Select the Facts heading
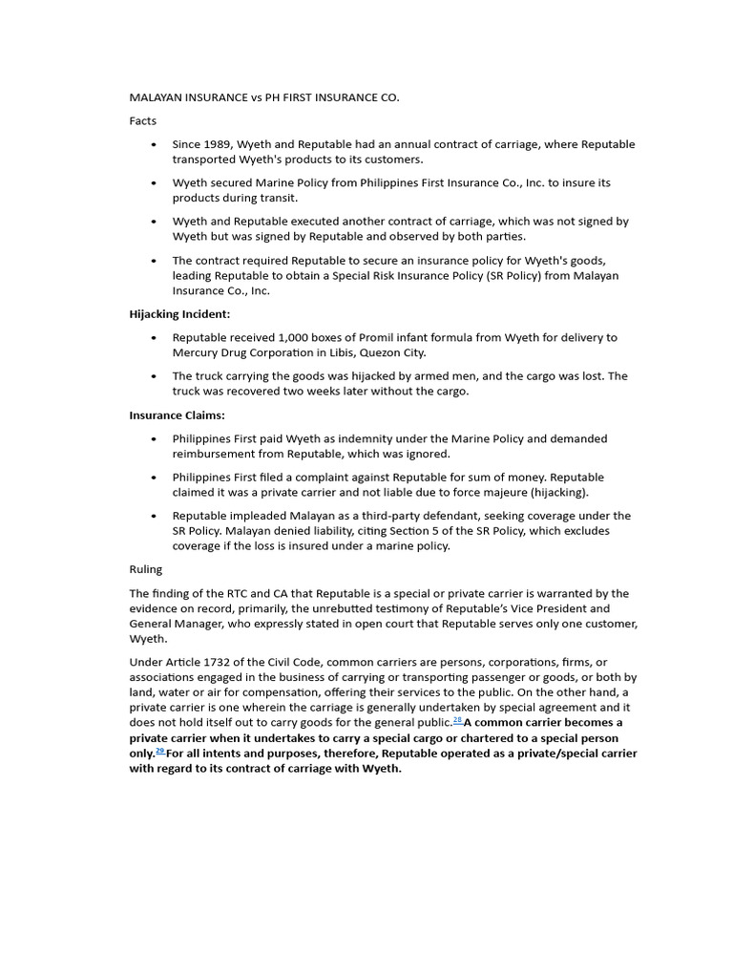(x=143, y=121)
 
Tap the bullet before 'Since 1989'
(x=155, y=144)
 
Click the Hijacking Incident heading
(x=179, y=313)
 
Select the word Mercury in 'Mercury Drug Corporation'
(x=196, y=352)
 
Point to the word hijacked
(x=358, y=375)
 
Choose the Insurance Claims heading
(x=178, y=415)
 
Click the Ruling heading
(x=146, y=569)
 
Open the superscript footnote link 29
(x=159, y=751)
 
